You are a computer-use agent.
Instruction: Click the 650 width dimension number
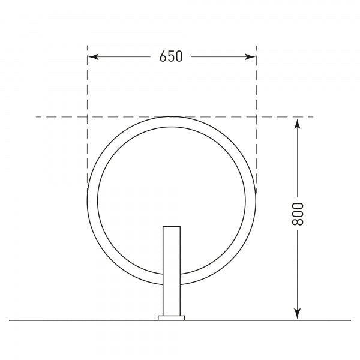171,57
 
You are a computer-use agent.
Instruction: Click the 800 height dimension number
299,214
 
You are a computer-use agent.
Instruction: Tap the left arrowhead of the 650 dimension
92,57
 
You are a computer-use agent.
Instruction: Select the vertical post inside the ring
172,270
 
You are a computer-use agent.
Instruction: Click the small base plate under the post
172,318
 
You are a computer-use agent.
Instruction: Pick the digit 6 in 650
163,57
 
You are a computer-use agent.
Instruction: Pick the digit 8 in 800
299,222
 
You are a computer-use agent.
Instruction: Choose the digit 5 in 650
171,57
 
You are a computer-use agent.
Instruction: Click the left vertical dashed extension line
88,84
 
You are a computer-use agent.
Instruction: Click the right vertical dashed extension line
256,84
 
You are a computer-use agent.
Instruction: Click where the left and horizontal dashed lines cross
88,116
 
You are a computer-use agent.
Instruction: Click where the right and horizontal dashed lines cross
256,116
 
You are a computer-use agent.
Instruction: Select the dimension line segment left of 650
123,57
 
